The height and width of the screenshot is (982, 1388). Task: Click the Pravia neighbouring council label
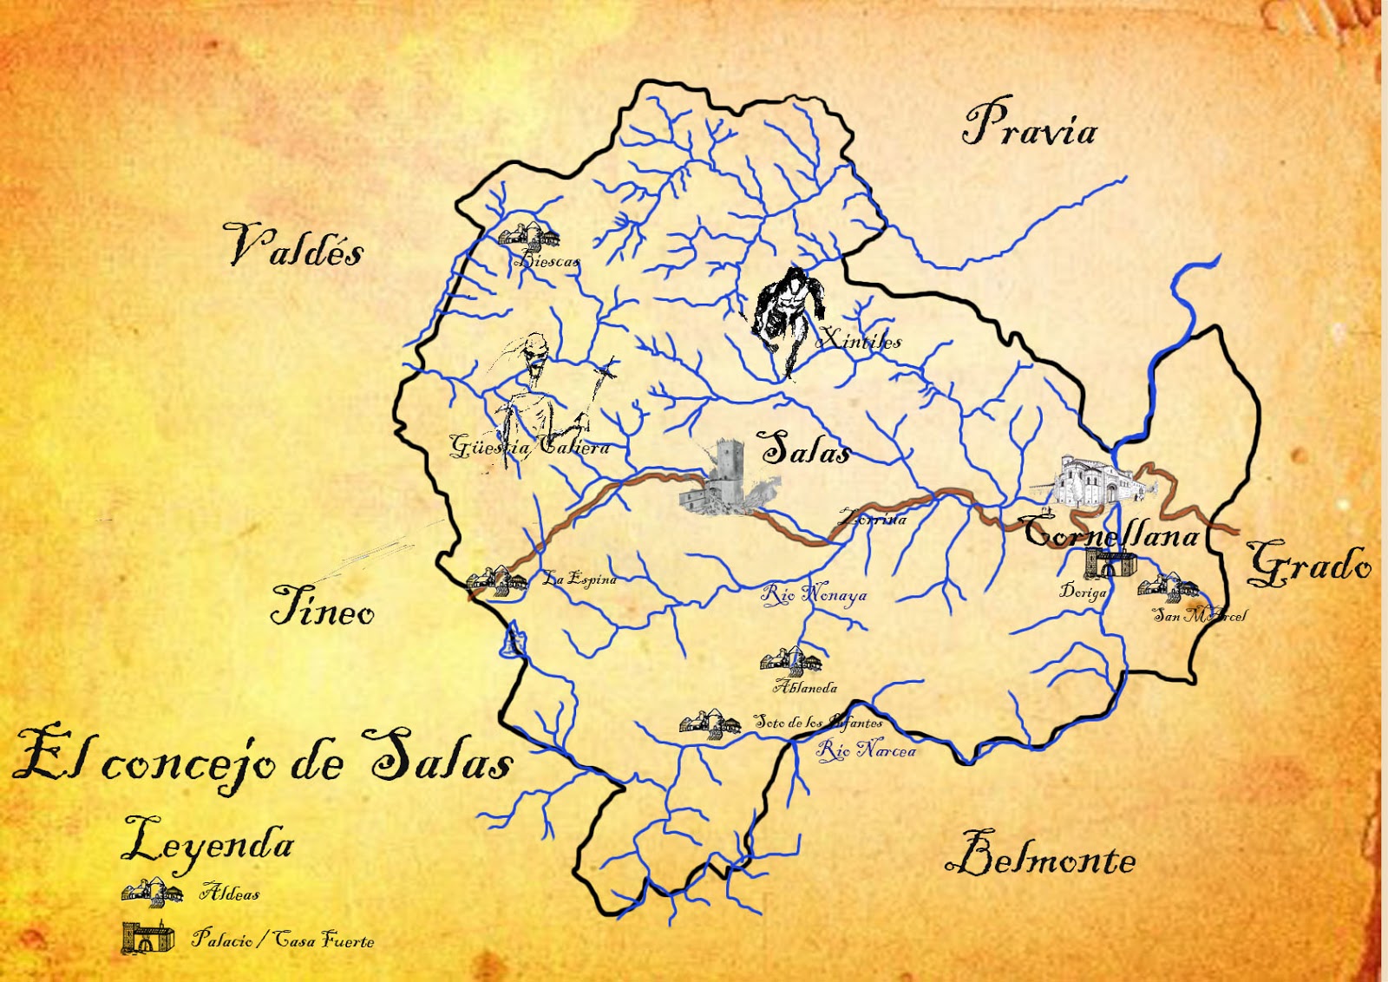1030,126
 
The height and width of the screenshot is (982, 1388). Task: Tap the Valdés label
295,245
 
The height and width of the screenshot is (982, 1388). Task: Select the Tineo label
322,606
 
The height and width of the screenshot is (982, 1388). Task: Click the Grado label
1310,565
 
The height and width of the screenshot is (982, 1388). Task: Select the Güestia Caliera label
529,447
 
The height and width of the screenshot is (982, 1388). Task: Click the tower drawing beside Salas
720,479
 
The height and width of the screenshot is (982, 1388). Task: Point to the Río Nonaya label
814,595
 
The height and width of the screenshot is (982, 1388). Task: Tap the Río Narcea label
866,750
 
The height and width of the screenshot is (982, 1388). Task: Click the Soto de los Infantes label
817,721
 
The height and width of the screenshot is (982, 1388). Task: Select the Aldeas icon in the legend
152,892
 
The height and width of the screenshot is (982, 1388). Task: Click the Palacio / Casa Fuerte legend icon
147,938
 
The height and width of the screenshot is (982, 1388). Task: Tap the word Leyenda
208,842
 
